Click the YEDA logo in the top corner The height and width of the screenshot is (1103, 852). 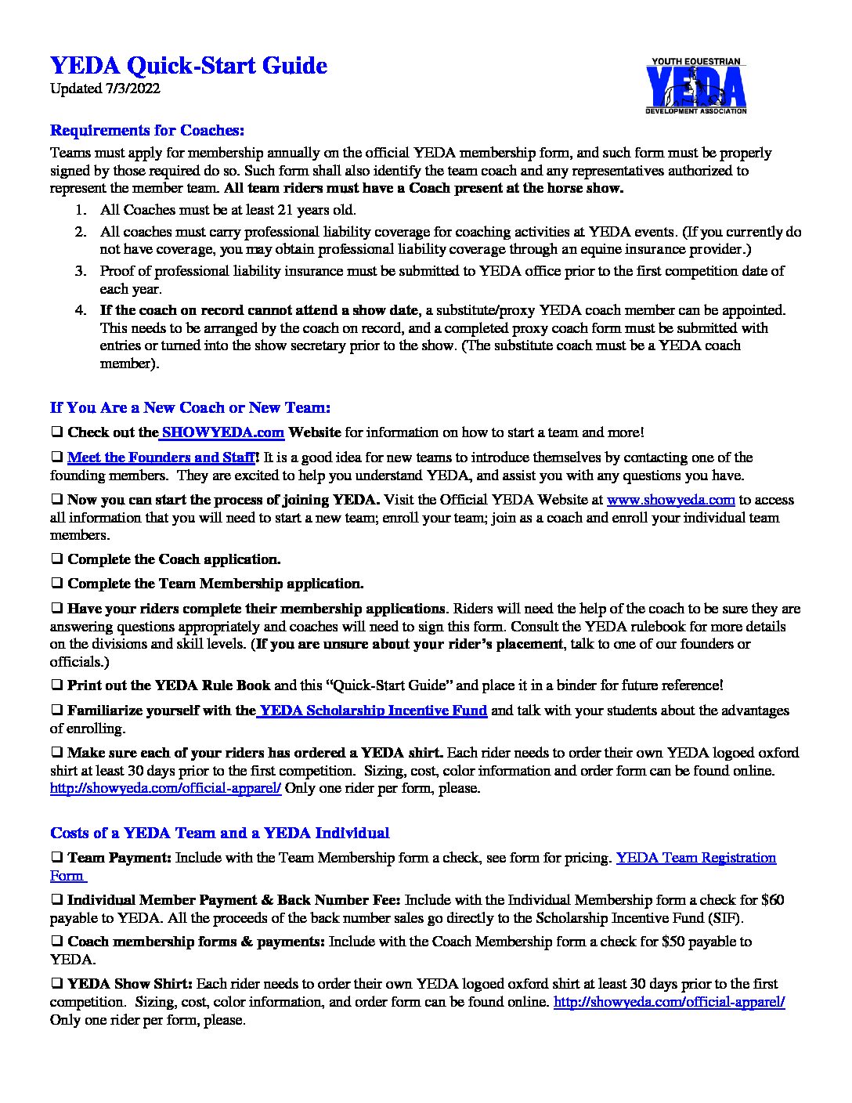point(695,87)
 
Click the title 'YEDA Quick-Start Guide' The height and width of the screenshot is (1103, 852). point(188,66)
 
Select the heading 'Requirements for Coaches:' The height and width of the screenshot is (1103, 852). point(147,129)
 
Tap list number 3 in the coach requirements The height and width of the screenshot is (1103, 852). point(80,271)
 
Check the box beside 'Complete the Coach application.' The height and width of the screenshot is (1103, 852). point(57,559)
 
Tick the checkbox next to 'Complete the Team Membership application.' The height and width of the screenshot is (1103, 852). point(57,584)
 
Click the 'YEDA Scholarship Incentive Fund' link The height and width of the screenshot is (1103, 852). point(373,711)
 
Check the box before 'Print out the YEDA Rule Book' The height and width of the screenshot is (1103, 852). point(57,685)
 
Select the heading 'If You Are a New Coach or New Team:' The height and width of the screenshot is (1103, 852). point(190,408)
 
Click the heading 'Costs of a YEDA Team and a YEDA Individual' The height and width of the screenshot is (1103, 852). point(219,833)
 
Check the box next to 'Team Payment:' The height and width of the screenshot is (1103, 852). point(57,858)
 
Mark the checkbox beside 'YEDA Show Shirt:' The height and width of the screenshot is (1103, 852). point(57,984)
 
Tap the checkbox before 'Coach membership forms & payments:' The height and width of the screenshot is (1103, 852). point(57,942)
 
